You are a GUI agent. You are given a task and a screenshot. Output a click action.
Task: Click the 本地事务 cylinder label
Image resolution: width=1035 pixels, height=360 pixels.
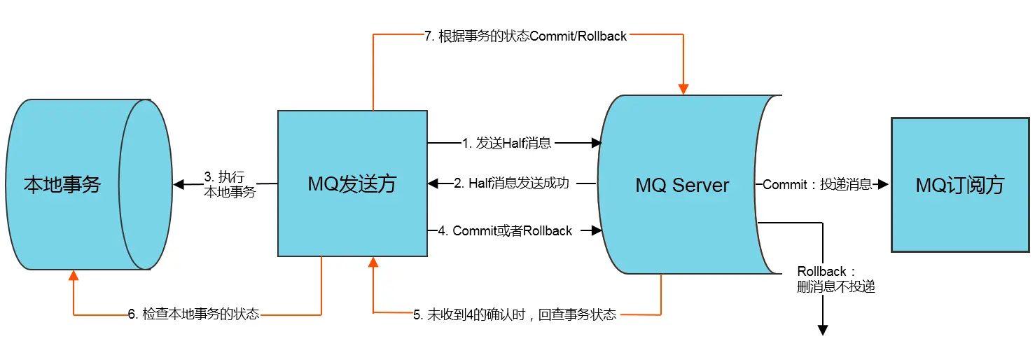[x=62, y=185]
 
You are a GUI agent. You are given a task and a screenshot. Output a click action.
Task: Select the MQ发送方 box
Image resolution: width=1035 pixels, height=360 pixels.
[x=352, y=184]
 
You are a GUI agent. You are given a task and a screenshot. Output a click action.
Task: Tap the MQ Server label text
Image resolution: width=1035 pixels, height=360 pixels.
[x=682, y=186]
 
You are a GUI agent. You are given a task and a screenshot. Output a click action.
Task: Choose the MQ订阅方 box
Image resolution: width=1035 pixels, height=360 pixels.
[x=960, y=185]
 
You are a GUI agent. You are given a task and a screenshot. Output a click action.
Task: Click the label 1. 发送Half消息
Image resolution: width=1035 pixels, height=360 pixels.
[x=507, y=143]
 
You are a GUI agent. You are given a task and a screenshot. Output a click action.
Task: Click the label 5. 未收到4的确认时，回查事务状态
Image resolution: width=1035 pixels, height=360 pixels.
[x=515, y=314]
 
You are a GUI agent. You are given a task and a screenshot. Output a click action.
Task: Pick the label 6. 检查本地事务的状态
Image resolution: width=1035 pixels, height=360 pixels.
[x=193, y=314]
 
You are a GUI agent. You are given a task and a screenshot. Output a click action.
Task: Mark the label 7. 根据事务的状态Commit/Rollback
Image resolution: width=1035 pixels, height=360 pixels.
[x=525, y=36]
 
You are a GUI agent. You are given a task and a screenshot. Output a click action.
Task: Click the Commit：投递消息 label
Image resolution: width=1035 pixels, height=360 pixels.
[x=817, y=185]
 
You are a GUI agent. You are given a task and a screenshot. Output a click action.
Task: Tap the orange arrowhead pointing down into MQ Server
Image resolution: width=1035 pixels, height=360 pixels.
[x=683, y=89]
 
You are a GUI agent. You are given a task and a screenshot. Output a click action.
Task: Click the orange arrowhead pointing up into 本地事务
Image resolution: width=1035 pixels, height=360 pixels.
[x=73, y=275]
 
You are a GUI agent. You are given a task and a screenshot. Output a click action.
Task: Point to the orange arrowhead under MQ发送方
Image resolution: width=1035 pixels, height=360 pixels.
[x=373, y=263]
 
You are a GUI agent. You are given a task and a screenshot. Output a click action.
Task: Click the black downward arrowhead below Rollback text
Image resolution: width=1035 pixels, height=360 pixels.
[x=824, y=330]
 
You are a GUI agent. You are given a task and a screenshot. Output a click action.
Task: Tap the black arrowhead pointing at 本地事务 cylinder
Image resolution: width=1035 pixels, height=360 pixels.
[x=179, y=185]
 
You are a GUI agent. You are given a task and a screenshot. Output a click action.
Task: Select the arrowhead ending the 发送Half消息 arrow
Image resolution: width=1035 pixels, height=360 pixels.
[x=596, y=143]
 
